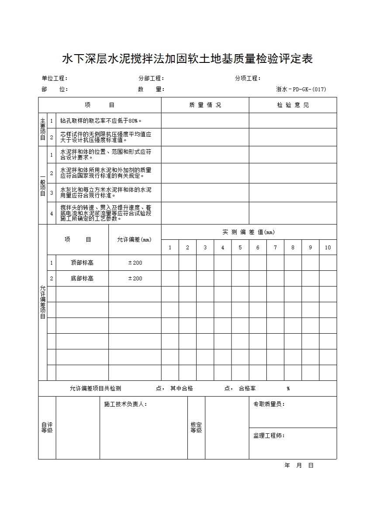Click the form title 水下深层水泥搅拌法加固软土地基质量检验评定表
pos(187,59)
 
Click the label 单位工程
pos(54,79)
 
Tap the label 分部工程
pos(151,79)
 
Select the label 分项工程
pos(247,79)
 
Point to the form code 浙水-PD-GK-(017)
pos(301,90)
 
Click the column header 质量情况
pos(205,105)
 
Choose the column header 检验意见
pos(293,105)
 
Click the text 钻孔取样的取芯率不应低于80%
pos(101,121)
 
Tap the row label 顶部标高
pos(82,263)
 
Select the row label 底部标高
pos(82,279)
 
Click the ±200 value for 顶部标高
pos(135,263)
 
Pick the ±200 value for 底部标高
pos(135,279)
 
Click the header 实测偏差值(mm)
pos(249,232)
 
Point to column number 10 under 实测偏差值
pos(328,248)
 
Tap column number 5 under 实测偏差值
pos(240,248)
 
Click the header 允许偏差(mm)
pos(135,240)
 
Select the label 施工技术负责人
pos(125,404)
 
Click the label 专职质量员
pos(269,404)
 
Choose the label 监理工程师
pos(269,436)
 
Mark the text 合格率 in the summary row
pos(247,389)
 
